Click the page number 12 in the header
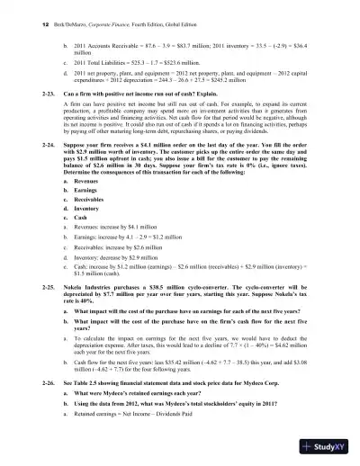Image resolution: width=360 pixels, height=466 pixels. pos(31,28)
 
